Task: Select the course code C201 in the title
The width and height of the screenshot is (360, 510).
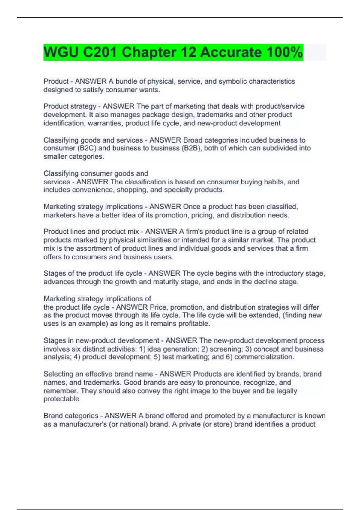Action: click(x=100, y=52)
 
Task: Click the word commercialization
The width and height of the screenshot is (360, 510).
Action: click(x=264, y=357)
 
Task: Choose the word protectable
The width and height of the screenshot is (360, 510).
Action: click(x=61, y=399)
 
